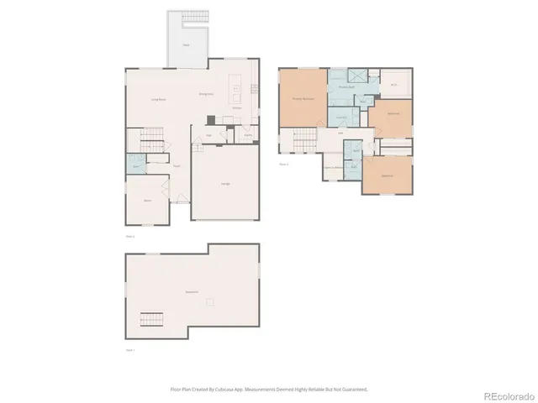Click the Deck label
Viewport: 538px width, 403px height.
pos(185,44)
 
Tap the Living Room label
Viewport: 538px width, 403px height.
pos(158,100)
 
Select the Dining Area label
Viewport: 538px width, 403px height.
pos(205,94)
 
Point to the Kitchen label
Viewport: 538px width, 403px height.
pos(237,107)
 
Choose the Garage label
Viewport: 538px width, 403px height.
pos(225,184)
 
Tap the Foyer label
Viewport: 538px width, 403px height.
pos(177,166)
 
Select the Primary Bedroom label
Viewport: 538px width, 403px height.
pos(302,98)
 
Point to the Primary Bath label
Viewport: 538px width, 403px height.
pos(346,86)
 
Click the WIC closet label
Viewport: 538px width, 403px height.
pos(393,84)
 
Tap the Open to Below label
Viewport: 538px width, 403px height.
pos(333,166)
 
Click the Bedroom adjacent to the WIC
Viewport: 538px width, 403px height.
pos(393,114)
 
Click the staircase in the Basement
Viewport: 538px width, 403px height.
pos(151,320)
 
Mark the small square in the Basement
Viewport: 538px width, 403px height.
pos(211,301)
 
